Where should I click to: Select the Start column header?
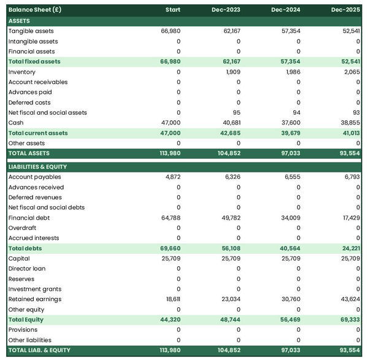click(x=172, y=10)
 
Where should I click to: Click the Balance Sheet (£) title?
click(x=35, y=10)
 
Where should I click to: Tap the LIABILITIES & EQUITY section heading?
click(x=37, y=166)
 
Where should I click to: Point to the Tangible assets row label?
click(x=31, y=31)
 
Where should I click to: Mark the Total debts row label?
click(x=25, y=248)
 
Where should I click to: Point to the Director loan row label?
click(x=27, y=269)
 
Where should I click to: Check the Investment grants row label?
click(x=34, y=289)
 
